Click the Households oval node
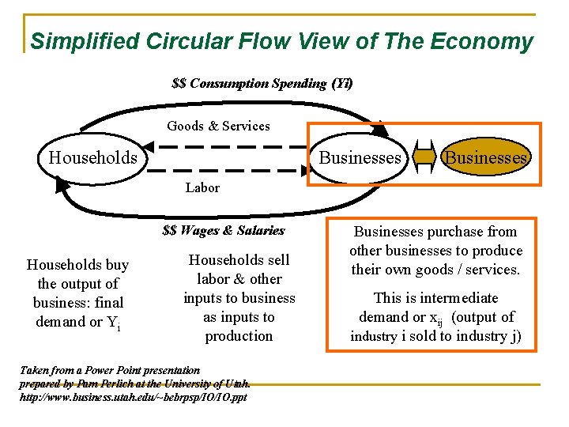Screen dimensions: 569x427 (x=92, y=158)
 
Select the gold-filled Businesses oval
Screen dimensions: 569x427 (x=484, y=158)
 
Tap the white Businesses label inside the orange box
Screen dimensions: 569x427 (x=360, y=158)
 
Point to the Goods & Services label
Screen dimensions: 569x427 (x=218, y=126)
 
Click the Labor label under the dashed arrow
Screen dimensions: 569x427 (x=202, y=187)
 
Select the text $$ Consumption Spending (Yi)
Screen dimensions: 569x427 (x=262, y=83)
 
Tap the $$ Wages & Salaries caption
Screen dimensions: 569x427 (x=224, y=231)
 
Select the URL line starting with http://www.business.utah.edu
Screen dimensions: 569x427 (x=133, y=396)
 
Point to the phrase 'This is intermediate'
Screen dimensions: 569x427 (x=435, y=298)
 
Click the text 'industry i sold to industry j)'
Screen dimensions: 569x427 (x=435, y=336)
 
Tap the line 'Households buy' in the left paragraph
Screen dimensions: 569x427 (x=77, y=265)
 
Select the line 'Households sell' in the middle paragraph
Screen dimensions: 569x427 (x=239, y=260)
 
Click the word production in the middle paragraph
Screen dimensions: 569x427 (x=239, y=336)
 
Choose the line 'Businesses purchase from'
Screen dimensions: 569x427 (x=435, y=232)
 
